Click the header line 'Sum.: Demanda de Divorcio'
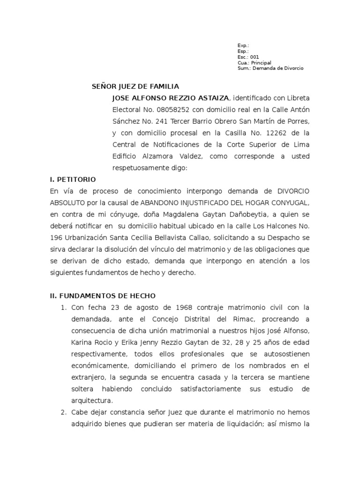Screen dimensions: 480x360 point(270,68)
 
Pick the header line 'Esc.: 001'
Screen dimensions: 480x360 point(248,57)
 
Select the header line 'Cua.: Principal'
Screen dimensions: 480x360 point(254,62)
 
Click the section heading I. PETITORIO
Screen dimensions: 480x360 point(73,180)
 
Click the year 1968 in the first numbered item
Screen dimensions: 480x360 point(175,307)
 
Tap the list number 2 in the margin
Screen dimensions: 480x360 point(63,412)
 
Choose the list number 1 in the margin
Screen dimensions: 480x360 point(63,307)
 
